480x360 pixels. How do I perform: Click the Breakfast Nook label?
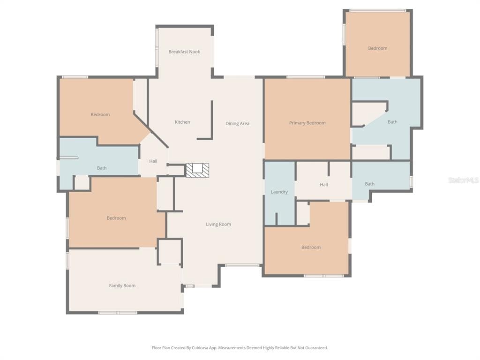(184, 52)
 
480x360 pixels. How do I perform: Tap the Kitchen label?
(182, 122)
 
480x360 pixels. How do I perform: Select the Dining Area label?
(237, 123)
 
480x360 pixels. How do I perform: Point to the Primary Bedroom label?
(307, 123)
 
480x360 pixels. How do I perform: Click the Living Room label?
(218, 224)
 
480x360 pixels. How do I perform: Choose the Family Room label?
(122, 285)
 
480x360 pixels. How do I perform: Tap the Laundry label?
(279, 192)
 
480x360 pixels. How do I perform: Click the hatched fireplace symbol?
(197, 170)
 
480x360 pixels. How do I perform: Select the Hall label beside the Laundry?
(324, 185)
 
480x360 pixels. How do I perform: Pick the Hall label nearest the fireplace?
(153, 161)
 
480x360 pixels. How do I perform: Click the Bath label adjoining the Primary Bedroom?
(392, 122)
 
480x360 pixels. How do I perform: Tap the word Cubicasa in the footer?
(200, 348)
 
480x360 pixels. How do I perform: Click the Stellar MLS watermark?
(464, 180)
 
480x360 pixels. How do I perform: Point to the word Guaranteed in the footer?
(317, 348)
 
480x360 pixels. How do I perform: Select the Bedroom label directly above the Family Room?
(116, 218)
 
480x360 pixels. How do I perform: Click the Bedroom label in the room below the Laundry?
(311, 247)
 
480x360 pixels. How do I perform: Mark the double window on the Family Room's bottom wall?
(118, 313)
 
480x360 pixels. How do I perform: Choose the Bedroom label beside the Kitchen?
(100, 114)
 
